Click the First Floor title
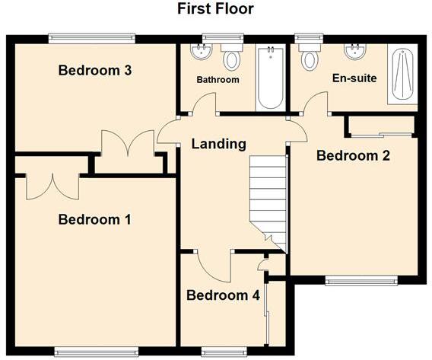coord(215,9)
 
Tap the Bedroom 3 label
coord(95,71)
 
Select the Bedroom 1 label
coord(95,220)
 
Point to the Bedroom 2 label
coord(353,156)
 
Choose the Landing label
coord(218,143)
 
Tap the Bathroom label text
coord(218,80)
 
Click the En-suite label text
coord(354,78)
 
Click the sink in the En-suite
coord(353,51)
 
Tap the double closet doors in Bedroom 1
coord(52,185)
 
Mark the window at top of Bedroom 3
coord(92,37)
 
